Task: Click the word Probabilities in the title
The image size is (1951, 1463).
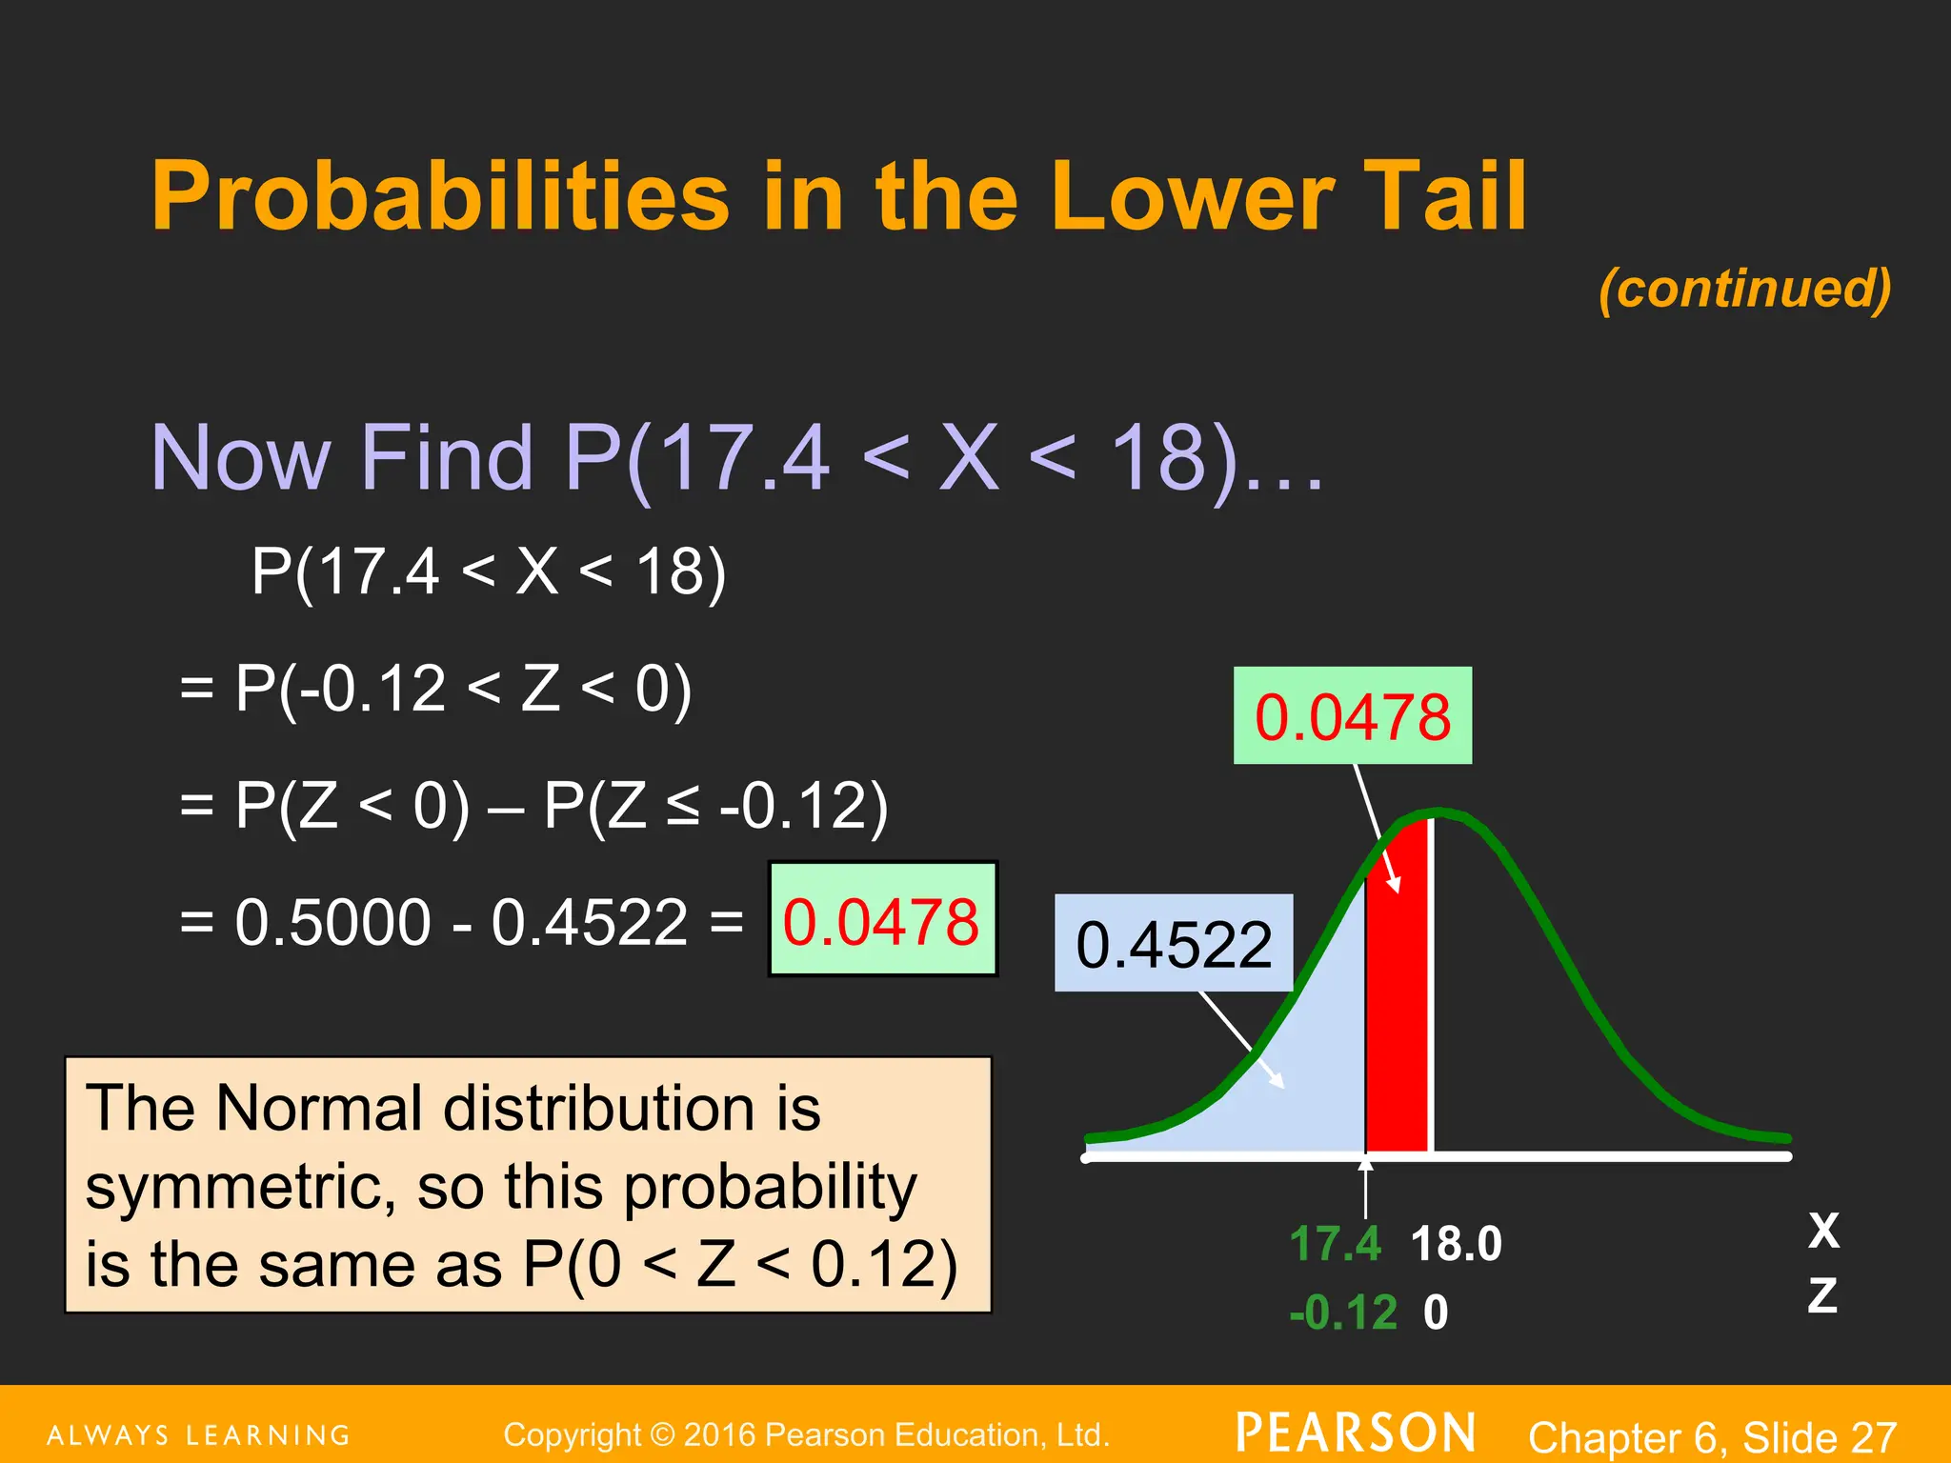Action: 440,197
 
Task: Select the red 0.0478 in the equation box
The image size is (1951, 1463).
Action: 880,922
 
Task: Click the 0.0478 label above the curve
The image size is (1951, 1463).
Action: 1352,716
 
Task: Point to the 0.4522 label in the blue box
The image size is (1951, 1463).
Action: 1173,945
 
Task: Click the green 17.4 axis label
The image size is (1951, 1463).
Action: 1334,1244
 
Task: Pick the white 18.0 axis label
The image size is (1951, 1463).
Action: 1455,1244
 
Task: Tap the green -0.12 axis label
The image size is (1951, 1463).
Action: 1342,1313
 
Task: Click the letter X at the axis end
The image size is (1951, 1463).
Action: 1823,1231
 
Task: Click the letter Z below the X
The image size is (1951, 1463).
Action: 1822,1295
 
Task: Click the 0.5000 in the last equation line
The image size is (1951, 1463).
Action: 332,922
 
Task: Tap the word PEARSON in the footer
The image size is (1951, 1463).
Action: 1356,1433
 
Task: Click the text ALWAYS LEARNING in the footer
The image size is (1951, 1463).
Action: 199,1435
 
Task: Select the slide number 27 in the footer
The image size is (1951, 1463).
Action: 1873,1436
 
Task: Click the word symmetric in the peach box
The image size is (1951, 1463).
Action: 239,1188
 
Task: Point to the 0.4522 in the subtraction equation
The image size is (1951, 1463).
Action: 589,922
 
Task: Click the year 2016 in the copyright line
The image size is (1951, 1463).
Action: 719,1434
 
